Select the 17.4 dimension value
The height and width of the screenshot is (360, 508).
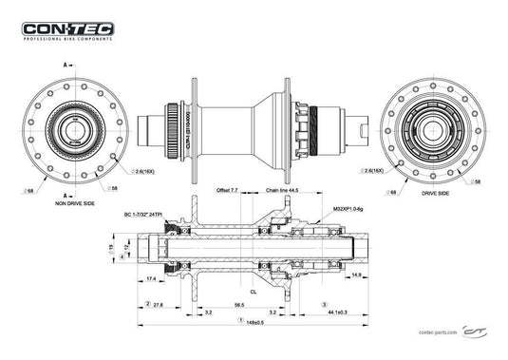coord(151,277)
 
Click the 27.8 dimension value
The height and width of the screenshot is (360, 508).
coord(157,304)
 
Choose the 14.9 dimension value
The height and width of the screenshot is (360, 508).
coord(354,275)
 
